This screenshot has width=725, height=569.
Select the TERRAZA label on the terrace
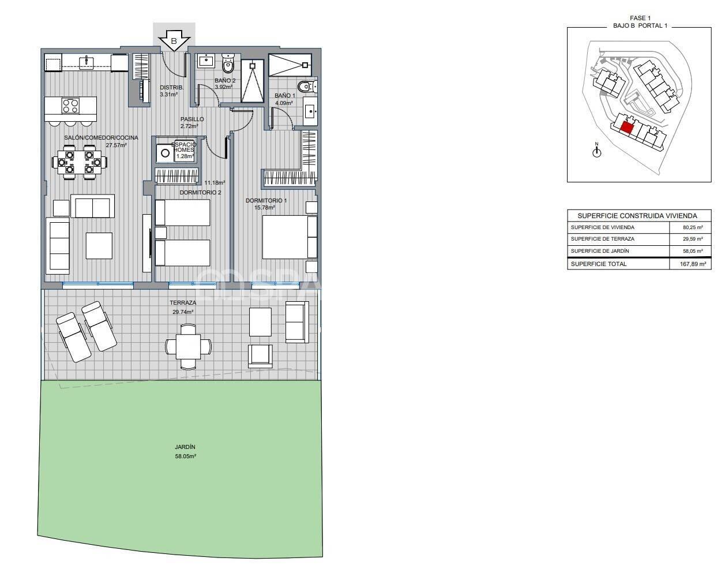183,303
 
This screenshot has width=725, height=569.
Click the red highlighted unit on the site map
626,126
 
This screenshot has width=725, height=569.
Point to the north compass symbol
597,151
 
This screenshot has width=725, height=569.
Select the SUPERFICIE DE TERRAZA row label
602,239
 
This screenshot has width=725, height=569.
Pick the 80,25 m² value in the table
690,227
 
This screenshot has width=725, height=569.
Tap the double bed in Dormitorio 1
289,237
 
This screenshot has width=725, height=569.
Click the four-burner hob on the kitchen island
70,106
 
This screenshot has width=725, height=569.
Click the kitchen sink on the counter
87,62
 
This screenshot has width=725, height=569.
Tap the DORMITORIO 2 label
200,192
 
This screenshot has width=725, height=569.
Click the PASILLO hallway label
191,119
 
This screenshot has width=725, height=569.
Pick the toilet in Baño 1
307,87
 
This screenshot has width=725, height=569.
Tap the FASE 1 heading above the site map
638,18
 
